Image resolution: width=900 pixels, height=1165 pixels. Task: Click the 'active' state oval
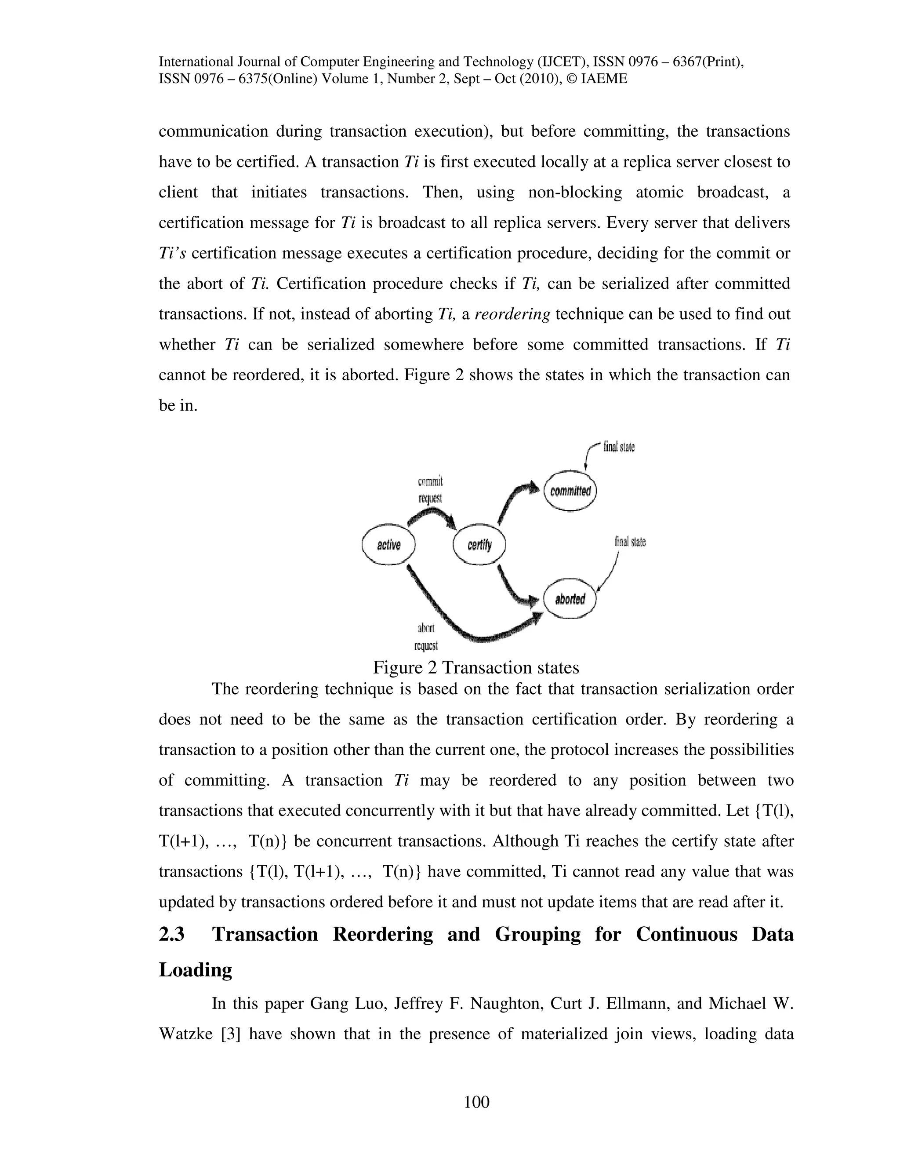pyautogui.click(x=388, y=545)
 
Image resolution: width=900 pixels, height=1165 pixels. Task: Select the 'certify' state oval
pyautogui.click(x=479, y=545)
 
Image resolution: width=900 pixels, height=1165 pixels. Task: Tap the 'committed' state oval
pyautogui.click(x=570, y=491)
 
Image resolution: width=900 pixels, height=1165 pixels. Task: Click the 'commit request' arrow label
pyautogui.click(x=430, y=490)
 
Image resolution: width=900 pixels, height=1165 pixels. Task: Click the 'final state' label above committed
pyautogui.click(x=618, y=447)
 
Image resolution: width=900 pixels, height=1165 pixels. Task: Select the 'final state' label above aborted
pyautogui.click(x=630, y=542)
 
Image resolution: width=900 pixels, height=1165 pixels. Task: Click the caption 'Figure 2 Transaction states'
pyautogui.click(x=475, y=667)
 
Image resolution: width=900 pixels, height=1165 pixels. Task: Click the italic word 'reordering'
pyautogui.click(x=512, y=314)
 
